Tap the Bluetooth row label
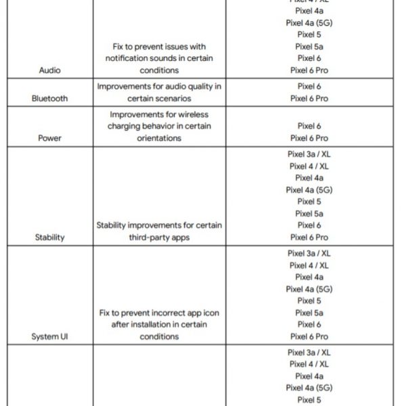[49, 98]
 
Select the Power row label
[49, 138]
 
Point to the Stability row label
[49, 238]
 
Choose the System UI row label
[49, 336]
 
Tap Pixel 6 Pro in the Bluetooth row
[309, 98]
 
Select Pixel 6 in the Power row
[309, 126]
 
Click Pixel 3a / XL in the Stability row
[309, 154]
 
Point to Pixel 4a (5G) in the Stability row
[309, 190]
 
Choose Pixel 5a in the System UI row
[309, 313]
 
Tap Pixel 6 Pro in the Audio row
[309, 70]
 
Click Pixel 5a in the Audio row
[309, 46]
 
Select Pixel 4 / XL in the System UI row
[309, 265]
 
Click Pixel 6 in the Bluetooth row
[309, 87]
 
